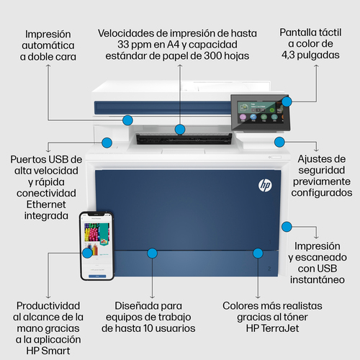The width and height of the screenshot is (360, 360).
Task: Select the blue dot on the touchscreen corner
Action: click(x=287, y=102)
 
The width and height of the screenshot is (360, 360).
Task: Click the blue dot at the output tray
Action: click(x=180, y=130)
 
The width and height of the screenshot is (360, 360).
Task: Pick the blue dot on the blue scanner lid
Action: click(x=127, y=120)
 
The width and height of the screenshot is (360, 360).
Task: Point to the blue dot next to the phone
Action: click(x=88, y=252)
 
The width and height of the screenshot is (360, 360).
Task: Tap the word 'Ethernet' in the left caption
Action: click(x=45, y=204)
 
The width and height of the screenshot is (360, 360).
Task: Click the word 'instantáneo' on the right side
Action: click(x=318, y=281)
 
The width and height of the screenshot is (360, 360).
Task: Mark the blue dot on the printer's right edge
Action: click(x=287, y=226)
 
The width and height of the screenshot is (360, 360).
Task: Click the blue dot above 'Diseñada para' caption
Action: click(x=151, y=253)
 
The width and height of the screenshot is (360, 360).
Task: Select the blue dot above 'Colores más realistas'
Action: click(x=258, y=253)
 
